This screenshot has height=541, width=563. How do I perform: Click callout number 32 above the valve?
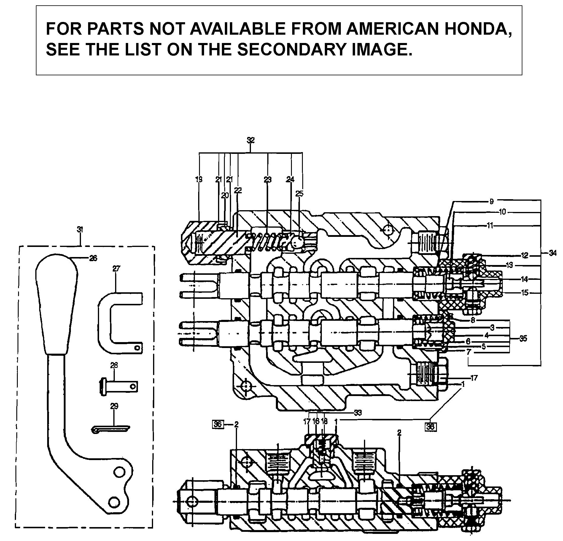pyautogui.click(x=251, y=140)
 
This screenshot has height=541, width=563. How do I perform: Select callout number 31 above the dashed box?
pyautogui.click(x=80, y=229)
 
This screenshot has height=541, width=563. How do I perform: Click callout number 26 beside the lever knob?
pyautogui.click(x=93, y=258)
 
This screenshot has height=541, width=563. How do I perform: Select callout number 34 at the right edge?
pyautogui.click(x=552, y=253)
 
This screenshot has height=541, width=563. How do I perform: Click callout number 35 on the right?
pyautogui.click(x=523, y=338)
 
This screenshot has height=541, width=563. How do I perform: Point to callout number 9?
pyautogui.click(x=491, y=202)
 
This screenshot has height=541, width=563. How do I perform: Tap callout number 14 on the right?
pyautogui.click(x=525, y=279)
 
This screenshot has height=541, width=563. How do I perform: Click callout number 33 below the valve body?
pyautogui.click(x=358, y=413)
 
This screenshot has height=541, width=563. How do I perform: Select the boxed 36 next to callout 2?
pyautogui.click(x=218, y=424)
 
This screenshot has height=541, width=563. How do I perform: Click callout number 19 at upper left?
pyautogui.click(x=199, y=179)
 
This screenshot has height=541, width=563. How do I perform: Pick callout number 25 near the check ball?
pyautogui.click(x=299, y=194)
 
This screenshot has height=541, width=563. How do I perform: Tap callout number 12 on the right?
pyautogui.click(x=525, y=255)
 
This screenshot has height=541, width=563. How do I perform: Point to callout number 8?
pyautogui.click(x=473, y=320)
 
